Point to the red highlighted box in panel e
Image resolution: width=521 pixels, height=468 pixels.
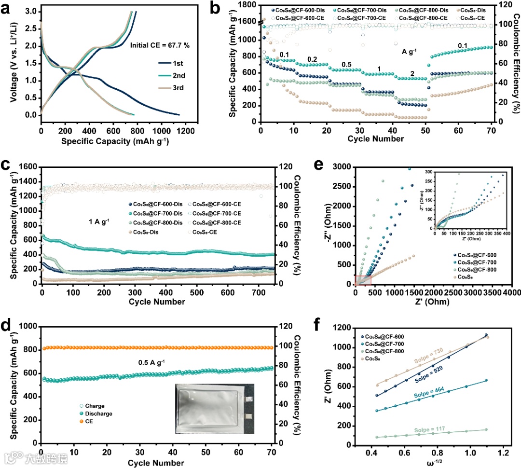pyautogui.click(x=363, y=280)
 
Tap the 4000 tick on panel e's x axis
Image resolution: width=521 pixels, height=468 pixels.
pyautogui.click(x=512, y=293)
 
